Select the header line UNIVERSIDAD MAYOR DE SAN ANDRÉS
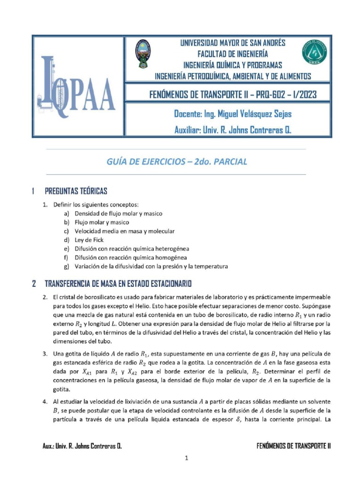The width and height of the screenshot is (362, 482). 233,43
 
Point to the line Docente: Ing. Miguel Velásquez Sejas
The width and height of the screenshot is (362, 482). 233,114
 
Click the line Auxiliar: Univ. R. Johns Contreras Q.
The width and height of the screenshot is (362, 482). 233,130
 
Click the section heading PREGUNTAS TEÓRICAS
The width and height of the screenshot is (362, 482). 76,191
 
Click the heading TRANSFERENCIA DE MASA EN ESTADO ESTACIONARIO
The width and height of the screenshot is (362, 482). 118,284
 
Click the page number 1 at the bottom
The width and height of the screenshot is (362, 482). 187,459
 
